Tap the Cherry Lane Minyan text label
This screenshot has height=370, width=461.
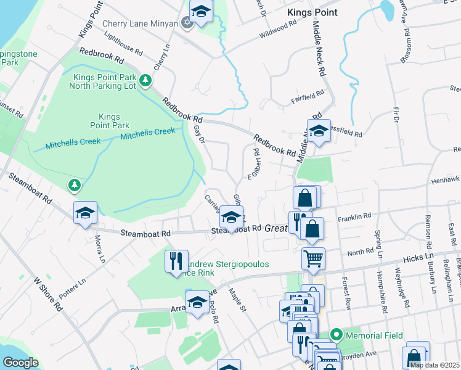click(141, 23)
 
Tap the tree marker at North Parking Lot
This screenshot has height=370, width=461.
click(145, 80)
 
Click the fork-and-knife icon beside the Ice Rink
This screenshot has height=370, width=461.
click(176, 260)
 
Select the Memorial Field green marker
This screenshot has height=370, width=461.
click(336, 335)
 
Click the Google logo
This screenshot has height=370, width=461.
click(20, 363)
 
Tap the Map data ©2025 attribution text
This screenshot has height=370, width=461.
click(434, 365)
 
